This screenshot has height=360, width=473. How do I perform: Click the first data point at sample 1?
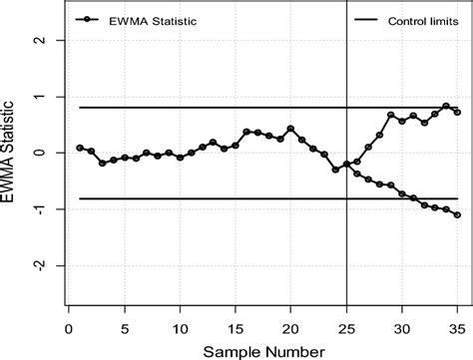click(80, 148)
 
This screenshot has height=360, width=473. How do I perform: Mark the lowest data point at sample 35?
click(457, 214)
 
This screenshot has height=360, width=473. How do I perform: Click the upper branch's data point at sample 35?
click(457, 112)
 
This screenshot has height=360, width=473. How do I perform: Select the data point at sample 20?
click(290, 129)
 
